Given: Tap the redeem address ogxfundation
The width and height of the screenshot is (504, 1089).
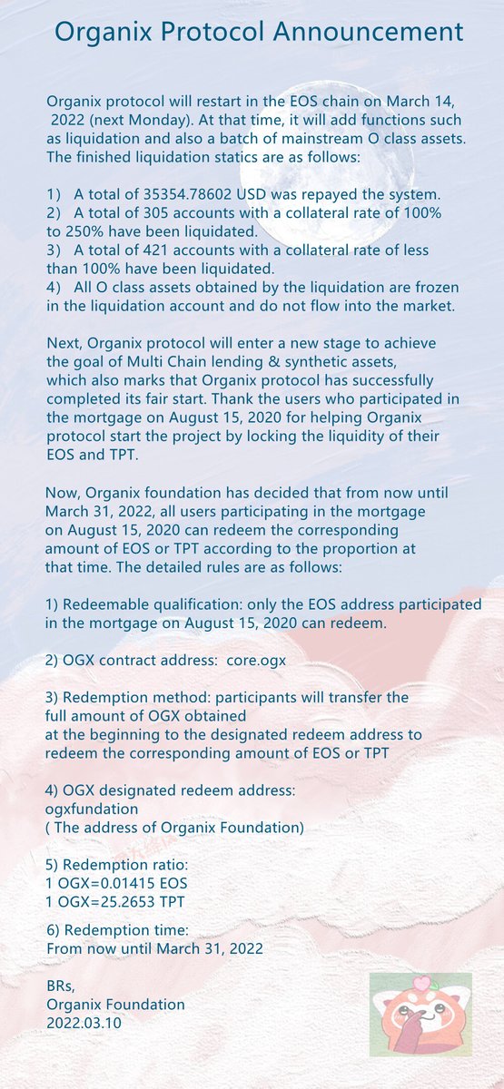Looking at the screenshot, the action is tap(92, 808).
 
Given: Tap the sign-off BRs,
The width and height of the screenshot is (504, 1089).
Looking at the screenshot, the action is tap(61, 986).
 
